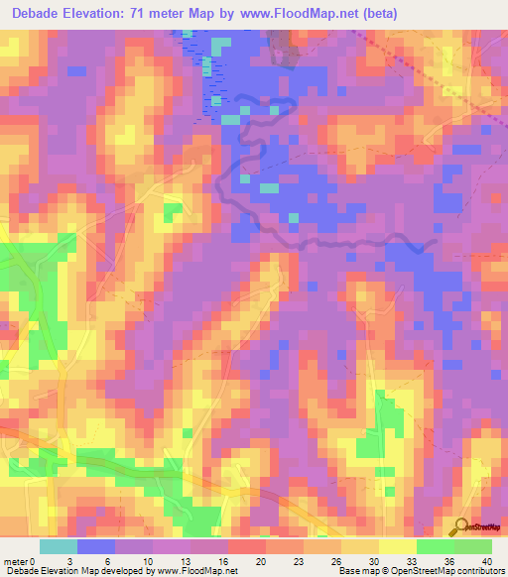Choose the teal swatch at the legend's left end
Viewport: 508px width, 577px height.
(x=59, y=546)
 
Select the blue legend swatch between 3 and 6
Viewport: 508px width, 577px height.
(x=96, y=546)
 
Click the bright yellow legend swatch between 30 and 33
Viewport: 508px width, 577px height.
(x=398, y=546)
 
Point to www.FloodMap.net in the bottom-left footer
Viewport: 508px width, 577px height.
(x=198, y=571)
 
